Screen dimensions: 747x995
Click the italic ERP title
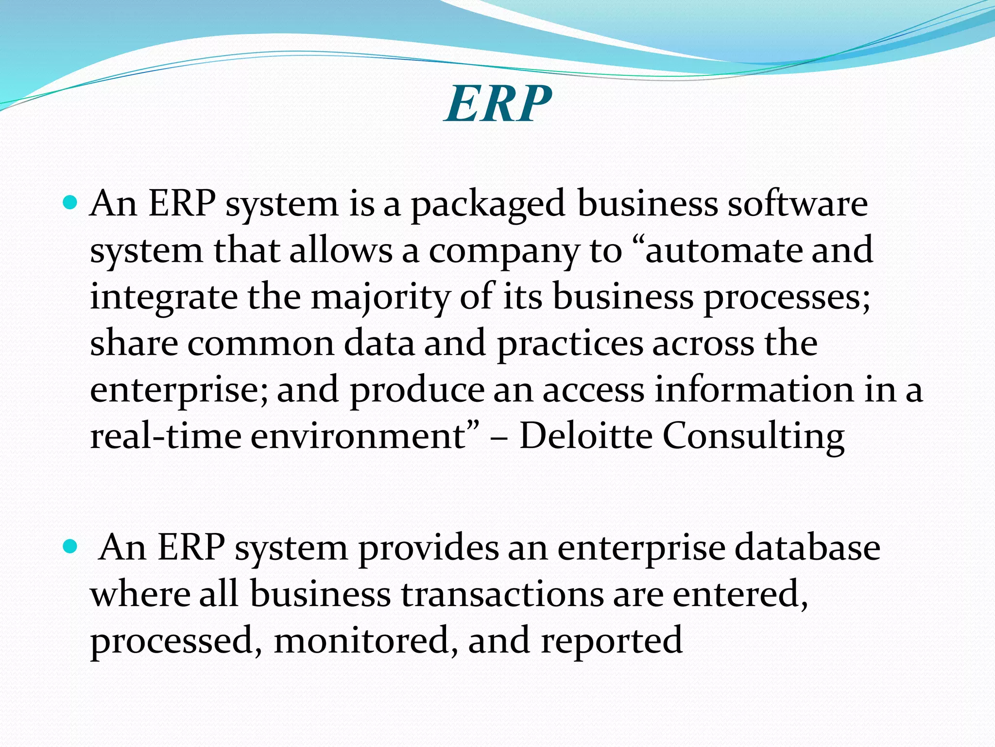(498, 104)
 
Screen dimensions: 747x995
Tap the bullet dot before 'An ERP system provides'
(70, 547)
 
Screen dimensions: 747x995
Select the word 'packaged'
(488, 204)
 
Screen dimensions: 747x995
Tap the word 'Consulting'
(754, 437)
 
